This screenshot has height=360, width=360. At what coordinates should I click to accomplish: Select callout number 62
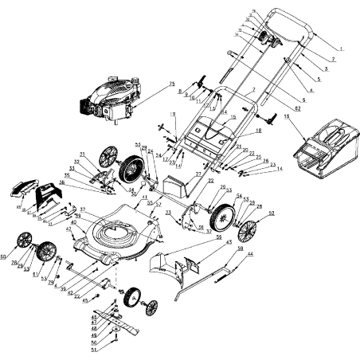[x=297, y=105]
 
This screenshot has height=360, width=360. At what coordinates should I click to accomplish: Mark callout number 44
[x=251, y=253]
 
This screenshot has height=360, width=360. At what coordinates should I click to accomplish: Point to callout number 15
[x=233, y=117]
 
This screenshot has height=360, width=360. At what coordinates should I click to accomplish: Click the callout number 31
[x=82, y=153]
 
